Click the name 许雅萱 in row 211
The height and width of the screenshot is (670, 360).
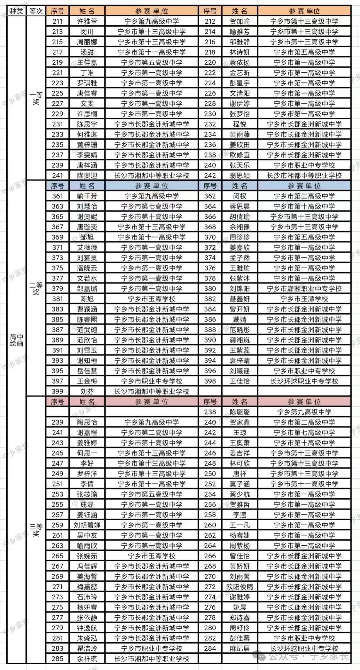(x=87, y=22)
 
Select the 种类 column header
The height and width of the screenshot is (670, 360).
(x=16, y=11)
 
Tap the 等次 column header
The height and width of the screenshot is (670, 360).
(x=36, y=11)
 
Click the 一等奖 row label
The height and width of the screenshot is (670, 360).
(x=36, y=98)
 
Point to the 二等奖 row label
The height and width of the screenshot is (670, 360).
(x=36, y=288)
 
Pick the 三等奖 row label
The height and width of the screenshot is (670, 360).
(x=36, y=530)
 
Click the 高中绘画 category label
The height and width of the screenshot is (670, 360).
(x=16, y=340)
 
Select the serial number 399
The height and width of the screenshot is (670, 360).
(x=57, y=392)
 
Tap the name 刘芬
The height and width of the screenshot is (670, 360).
(x=87, y=392)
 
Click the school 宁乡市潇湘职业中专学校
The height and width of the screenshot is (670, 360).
(x=304, y=289)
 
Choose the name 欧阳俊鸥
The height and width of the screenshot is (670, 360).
(x=240, y=587)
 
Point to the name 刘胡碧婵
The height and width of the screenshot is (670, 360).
(x=87, y=525)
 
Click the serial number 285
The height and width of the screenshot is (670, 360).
(x=57, y=659)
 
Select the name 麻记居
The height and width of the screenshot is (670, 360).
(x=240, y=648)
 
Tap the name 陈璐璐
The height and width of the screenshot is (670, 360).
(x=240, y=412)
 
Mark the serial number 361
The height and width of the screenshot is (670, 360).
(x=57, y=196)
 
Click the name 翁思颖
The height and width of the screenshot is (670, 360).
(x=240, y=176)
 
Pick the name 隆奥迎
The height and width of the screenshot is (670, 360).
(x=87, y=176)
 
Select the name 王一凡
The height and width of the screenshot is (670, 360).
(x=240, y=525)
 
